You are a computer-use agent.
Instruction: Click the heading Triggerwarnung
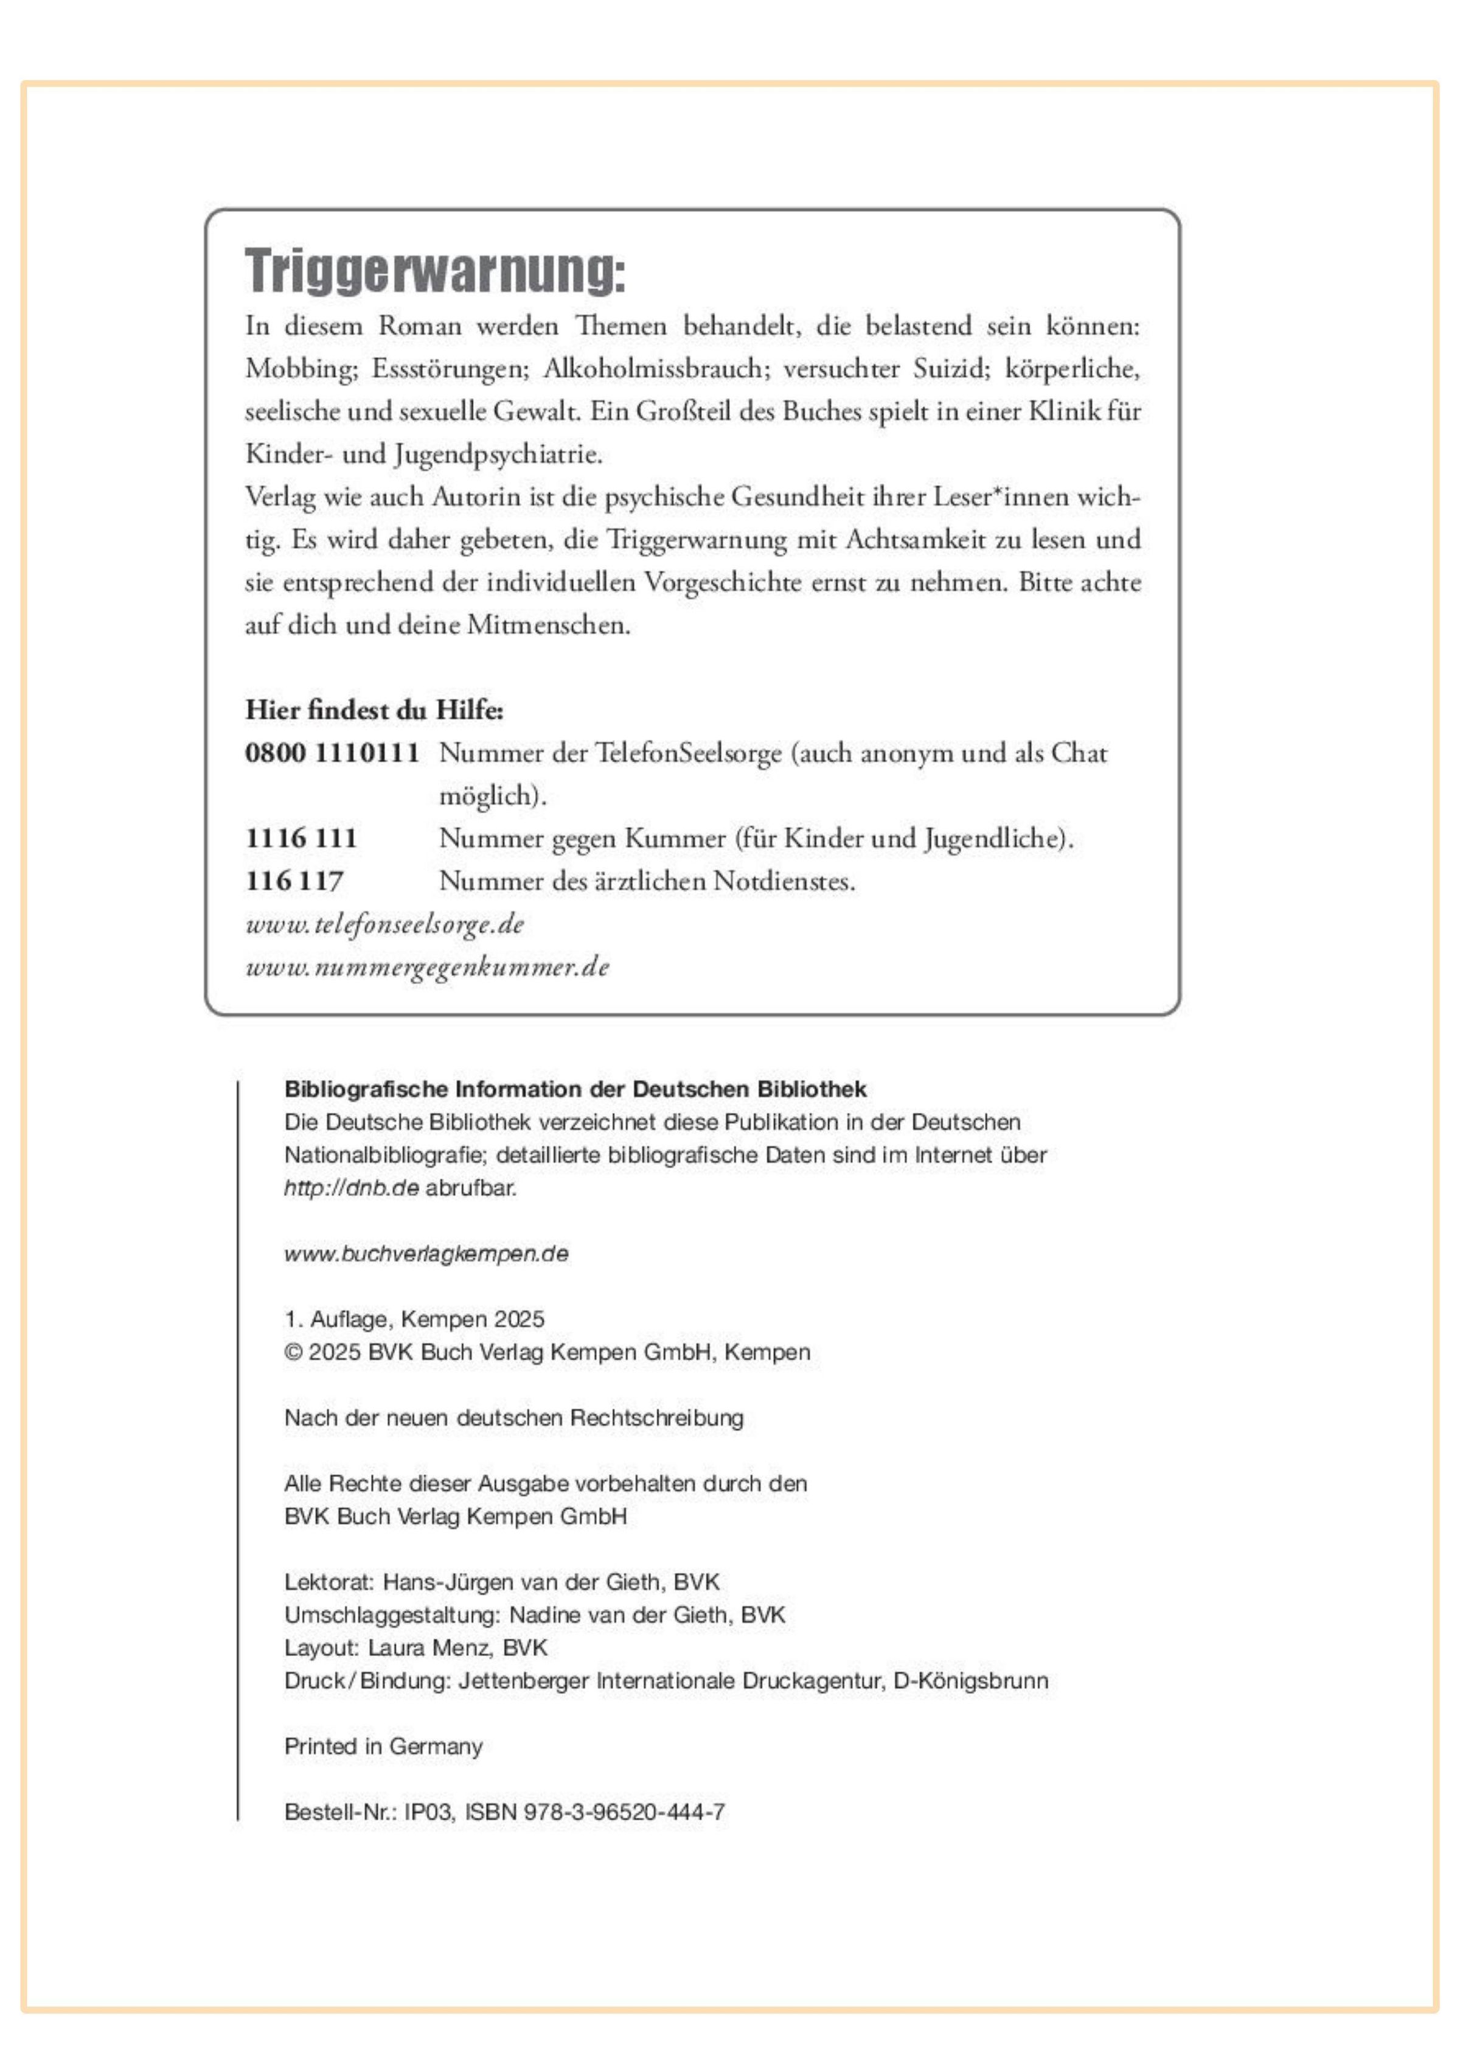[x=434, y=270]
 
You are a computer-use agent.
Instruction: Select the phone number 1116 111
[x=301, y=838]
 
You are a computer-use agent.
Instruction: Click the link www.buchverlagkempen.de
[x=426, y=1254]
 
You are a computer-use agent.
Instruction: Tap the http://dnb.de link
[x=351, y=1188]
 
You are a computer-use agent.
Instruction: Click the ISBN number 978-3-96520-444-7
[x=624, y=1812]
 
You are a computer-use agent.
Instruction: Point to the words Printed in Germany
[x=383, y=1746]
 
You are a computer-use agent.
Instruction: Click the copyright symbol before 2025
[x=293, y=1352]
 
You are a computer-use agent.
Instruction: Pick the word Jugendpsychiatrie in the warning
[x=498, y=455]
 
